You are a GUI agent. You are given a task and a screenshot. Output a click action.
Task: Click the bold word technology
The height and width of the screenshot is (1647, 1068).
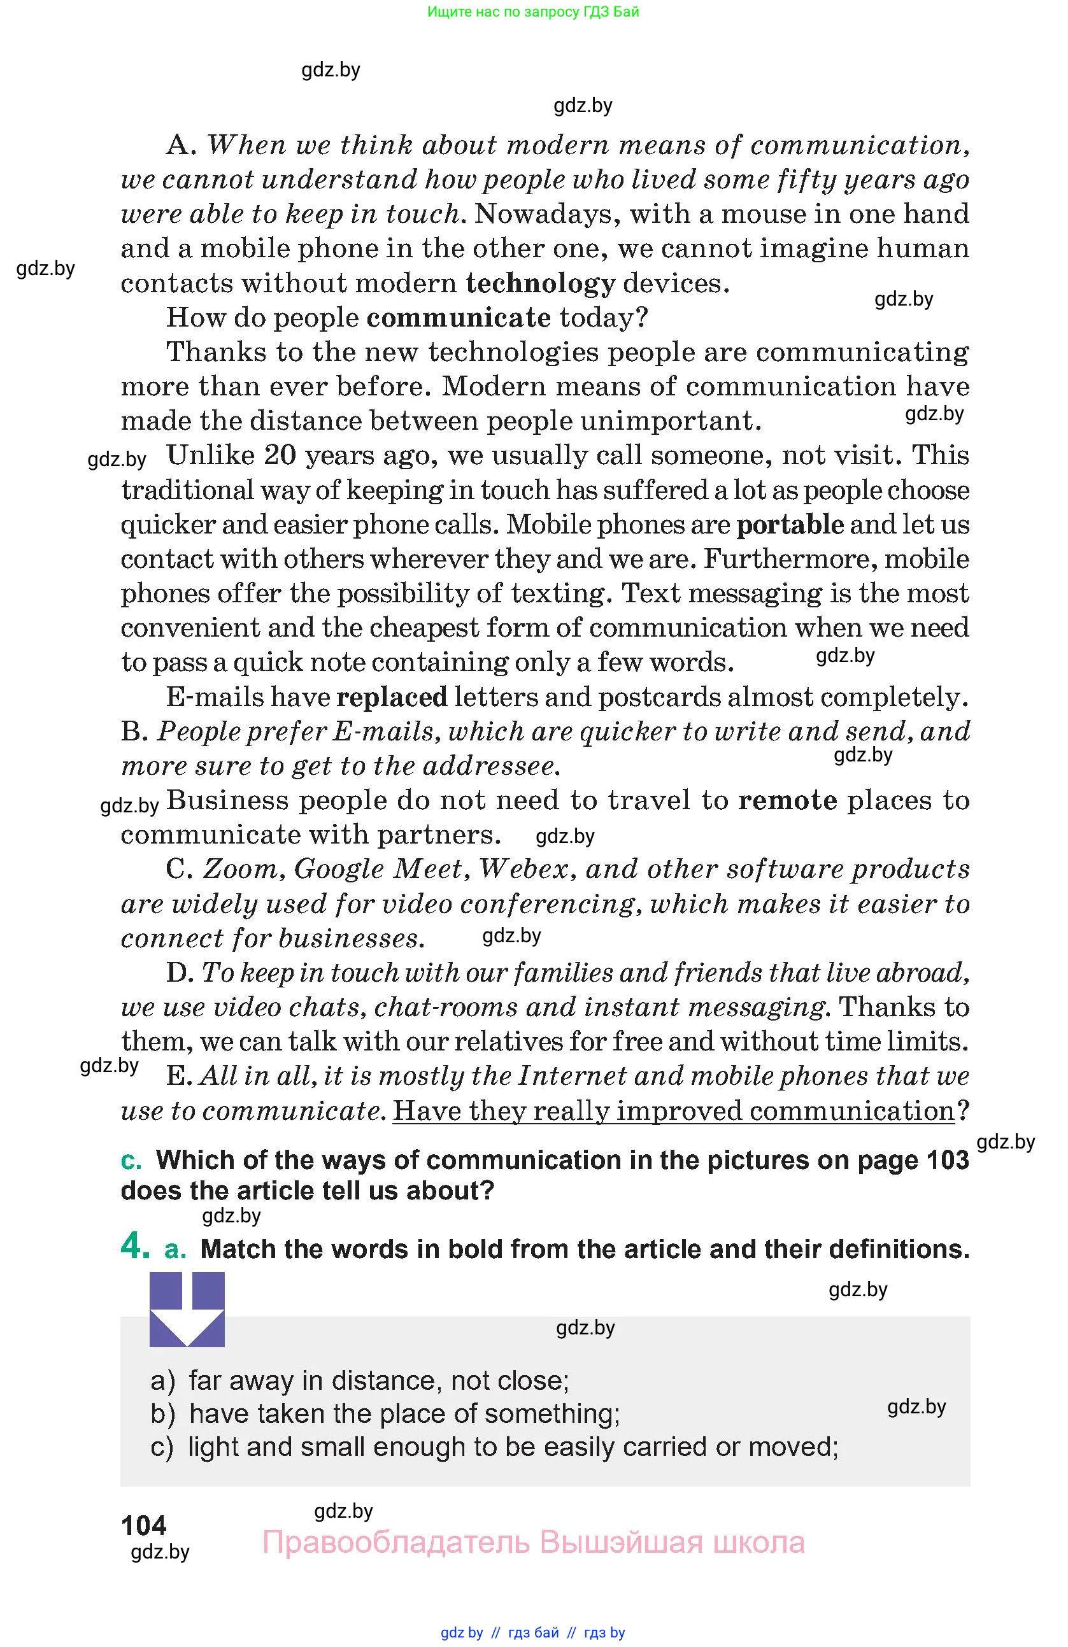click(540, 284)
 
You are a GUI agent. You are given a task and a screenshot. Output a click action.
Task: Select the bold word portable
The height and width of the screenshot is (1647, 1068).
click(790, 525)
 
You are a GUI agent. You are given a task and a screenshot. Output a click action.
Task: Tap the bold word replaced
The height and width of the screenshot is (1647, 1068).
click(392, 697)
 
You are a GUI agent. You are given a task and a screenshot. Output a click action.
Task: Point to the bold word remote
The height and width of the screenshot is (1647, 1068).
click(788, 801)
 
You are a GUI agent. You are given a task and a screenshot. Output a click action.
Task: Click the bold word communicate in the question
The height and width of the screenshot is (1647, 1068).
click(458, 318)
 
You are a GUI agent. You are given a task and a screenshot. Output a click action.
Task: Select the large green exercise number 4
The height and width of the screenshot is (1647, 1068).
click(134, 1246)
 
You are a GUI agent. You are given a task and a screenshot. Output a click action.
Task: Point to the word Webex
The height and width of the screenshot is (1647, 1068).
click(527, 870)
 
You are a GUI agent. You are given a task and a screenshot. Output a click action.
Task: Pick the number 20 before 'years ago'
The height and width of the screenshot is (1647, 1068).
click(280, 456)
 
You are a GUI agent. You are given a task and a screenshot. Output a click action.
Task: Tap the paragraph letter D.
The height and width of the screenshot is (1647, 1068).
click(179, 973)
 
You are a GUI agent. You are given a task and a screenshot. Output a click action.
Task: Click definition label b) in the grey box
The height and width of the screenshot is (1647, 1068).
click(162, 1414)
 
